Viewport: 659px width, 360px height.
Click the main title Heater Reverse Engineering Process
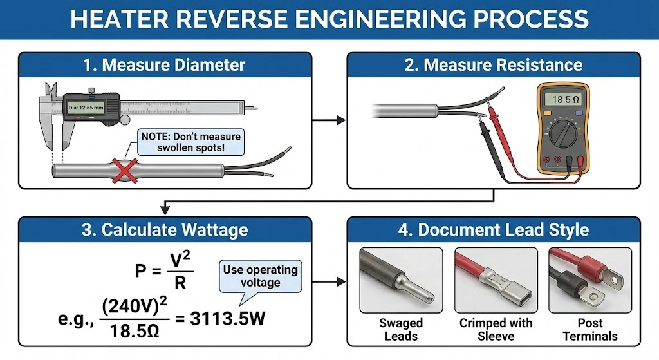click(329, 19)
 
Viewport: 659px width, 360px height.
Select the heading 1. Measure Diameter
click(165, 65)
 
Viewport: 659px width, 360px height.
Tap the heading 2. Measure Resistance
click(494, 65)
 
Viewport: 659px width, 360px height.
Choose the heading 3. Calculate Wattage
click(165, 230)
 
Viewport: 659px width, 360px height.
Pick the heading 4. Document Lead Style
click(494, 230)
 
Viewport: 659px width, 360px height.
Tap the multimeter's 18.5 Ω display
click(561, 100)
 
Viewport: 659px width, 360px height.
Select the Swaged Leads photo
click(400, 280)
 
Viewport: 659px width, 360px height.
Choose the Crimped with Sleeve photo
click(496, 280)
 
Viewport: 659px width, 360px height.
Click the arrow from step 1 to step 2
click(329, 120)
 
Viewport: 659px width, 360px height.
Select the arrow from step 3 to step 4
click(329, 282)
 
